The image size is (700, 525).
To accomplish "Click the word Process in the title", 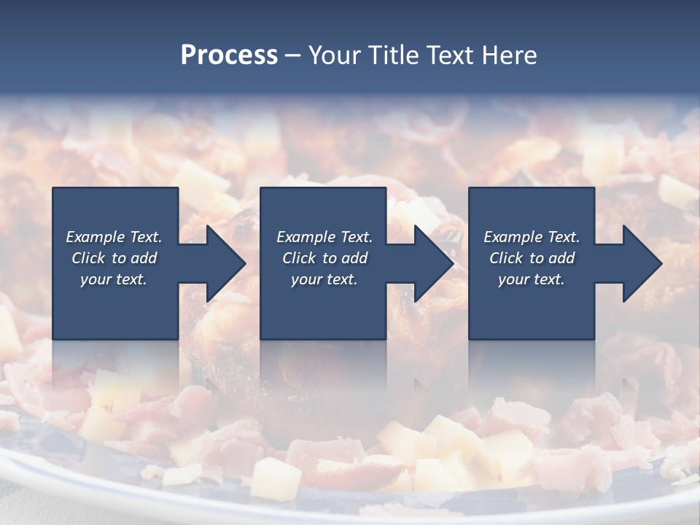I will [x=229, y=55].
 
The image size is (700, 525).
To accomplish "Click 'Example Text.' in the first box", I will [x=114, y=237].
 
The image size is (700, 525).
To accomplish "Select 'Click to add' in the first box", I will [x=114, y=258].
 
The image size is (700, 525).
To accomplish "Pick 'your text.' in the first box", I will [x=114, y=279].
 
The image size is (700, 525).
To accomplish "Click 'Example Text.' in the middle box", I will [x=324, y=237].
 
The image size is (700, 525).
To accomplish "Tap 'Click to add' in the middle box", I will [x=324, y=258].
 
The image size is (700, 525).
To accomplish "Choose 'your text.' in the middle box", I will [x=324, y=279].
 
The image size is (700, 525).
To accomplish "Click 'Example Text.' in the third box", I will [x=532, y=237].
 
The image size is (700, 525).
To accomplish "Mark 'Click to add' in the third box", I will [x=532, y=258].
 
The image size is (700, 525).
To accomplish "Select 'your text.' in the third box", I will [x=532, y=279].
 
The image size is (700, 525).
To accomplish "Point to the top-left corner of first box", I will [x=53, y=188].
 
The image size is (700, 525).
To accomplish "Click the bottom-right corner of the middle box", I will [x=386, y=338].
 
